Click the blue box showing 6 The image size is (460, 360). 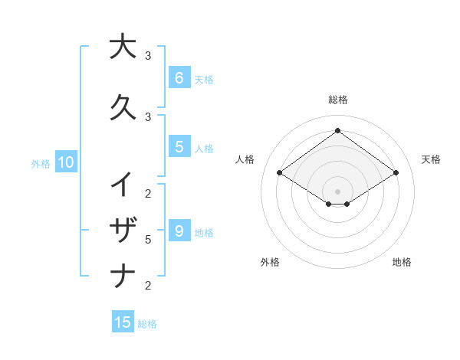pos(179,77)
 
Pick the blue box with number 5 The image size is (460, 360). pos(179,147)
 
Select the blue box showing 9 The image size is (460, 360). pos(179,231)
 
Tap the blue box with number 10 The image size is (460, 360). pos(65,162)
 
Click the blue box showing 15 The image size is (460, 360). pos(123,322)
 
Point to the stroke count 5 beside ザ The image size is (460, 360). pos(148,240)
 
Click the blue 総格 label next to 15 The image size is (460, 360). pos(147,324)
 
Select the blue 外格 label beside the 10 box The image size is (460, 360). pos(41,163)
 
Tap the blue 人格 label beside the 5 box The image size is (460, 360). pos(204,149)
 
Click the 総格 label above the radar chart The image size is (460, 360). pos(337,100)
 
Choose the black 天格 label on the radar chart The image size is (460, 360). pos(431,159)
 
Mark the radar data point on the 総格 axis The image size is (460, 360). pos(337,130)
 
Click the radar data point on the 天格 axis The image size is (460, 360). pos(396,173)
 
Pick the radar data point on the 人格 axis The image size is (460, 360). pos(279,173)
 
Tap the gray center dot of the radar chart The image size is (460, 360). pos(337,191)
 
